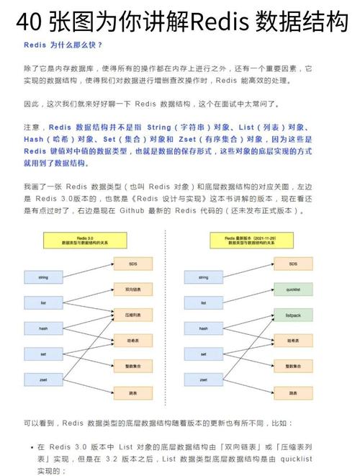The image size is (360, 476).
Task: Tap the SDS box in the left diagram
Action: click(x=133, y=264)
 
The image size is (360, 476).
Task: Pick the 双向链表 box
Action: click(x=133, y=289)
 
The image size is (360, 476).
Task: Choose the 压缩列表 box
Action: click(x=133, y=315)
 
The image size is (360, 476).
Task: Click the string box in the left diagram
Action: click(x=42, y=277)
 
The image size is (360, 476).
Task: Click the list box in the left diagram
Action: click(x=42, y=302)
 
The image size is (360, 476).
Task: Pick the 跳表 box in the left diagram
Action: click(x=133, y=393)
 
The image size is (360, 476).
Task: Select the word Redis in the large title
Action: click(x=217, y=22)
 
